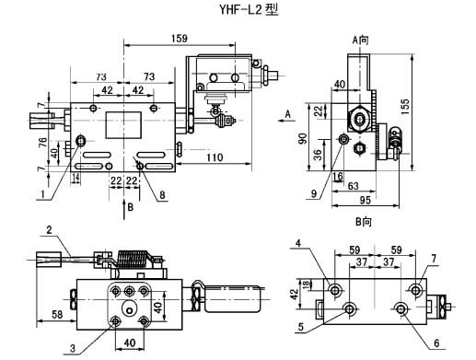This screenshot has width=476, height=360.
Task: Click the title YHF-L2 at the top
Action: point(240,10)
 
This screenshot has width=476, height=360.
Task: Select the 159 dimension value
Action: point(180,39)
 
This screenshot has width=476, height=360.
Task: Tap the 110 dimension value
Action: point(215,157)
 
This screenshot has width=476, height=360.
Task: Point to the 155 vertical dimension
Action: point(405,106)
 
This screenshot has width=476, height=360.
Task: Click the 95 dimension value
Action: point(366,200)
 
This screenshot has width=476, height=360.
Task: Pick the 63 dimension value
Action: point(354,186)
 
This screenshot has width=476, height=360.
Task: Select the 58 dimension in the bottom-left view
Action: point(57,315)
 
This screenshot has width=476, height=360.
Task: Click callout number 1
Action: point(42,194)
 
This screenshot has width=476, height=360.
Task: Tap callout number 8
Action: point(162,194)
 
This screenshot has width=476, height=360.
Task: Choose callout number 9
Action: point(314,193)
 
